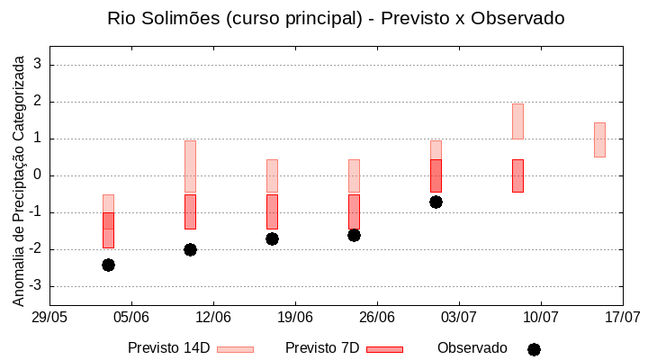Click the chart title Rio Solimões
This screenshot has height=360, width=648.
pos(336,18)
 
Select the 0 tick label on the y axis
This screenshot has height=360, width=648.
pos(38,175)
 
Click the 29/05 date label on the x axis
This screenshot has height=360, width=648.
pos(49,317)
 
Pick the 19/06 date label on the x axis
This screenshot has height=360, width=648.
pos(295,317)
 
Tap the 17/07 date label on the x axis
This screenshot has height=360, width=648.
pos(622,317)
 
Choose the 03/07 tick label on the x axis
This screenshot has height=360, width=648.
pos(459,317)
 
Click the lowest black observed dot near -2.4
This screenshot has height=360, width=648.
pos(108,265)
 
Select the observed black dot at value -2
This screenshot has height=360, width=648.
pos(190,249)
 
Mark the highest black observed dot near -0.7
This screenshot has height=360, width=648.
pos(436,202)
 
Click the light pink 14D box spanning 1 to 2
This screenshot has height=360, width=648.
pos(517,121)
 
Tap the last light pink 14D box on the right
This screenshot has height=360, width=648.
pos(599,139)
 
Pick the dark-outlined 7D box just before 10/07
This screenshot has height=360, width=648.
pos(517,175)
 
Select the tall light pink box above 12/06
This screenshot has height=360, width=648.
pos(190,166)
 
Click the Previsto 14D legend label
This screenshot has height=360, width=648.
pos(168,348)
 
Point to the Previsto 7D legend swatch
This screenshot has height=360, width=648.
pos(384,349)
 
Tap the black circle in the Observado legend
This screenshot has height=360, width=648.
pos(534,349)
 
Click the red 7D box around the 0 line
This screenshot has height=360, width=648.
pos(436,175)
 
